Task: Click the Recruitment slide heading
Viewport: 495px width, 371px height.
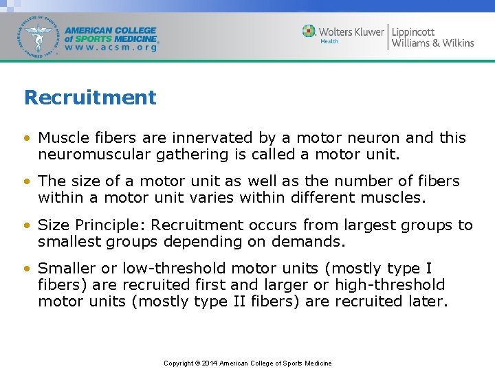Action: [90, 98]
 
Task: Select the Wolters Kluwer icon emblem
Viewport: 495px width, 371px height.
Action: [309, 31]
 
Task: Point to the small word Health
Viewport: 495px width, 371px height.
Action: [329, 41]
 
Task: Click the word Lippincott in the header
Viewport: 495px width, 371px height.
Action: [413, 32]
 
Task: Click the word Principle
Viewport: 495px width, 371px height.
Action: [113, 225]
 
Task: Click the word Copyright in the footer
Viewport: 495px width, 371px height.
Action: [178, 363]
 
